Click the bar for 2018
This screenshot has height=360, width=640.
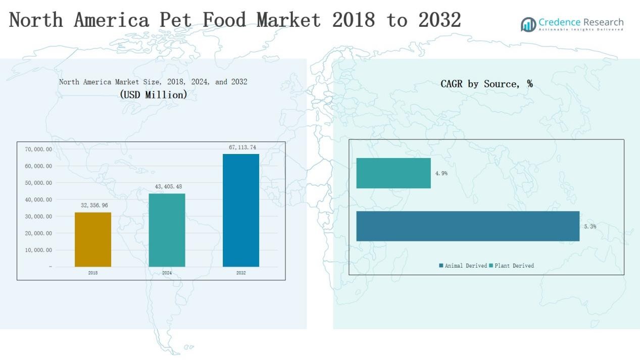pos(93,239)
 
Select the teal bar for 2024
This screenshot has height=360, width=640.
pos(167,230)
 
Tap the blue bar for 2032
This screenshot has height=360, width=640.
pos(241,210)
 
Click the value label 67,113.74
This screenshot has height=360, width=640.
pos(242,147)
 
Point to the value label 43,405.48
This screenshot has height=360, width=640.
pos(168,187)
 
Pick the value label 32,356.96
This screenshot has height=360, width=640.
pos(94,205)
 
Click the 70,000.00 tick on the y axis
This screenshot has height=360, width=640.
pos(38,149)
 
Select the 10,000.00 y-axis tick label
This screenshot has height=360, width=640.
pos(38,250)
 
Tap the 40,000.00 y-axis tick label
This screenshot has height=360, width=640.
pos(38,200)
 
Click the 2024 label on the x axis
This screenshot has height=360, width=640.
pos(167,273)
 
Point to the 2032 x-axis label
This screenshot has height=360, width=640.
pos(241,273)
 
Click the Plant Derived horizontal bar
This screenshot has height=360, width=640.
pos(393,173)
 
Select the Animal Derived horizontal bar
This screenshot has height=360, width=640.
pos(468,226)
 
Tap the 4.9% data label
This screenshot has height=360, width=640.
pos(441,173)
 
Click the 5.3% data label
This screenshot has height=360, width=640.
pos(590,227)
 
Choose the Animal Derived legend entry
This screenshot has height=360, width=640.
pos(463,266)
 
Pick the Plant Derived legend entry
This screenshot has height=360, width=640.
pos(512,266)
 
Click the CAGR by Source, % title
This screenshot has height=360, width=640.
pos(486,84)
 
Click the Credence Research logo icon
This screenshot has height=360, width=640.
pos(528,24)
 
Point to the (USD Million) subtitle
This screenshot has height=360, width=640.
pos(154,94)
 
